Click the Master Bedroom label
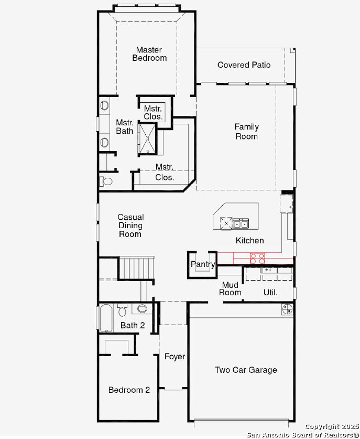tap(149, 54)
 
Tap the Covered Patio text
tap(244, 65)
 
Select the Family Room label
tap(246, 132)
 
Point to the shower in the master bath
tap(147, 138)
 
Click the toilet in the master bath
tap(106, 181)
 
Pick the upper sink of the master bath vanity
tap(104, 105)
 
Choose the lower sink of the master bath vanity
tap(104, 142)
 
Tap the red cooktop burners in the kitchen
tap(257, 258)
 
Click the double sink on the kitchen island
tap(241, 224)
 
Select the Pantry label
tap(203, 264)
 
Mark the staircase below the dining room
tap(137, 268)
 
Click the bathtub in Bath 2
tap(106, 318)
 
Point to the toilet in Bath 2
tap(123, 310)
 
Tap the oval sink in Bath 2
tap(142, 308)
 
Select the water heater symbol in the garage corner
tap(287, 309)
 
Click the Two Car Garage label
tap(246, 370)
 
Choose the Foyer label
tap(174, 357)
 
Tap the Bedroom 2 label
tap(129, 390)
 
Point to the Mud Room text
tap(230, 288)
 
